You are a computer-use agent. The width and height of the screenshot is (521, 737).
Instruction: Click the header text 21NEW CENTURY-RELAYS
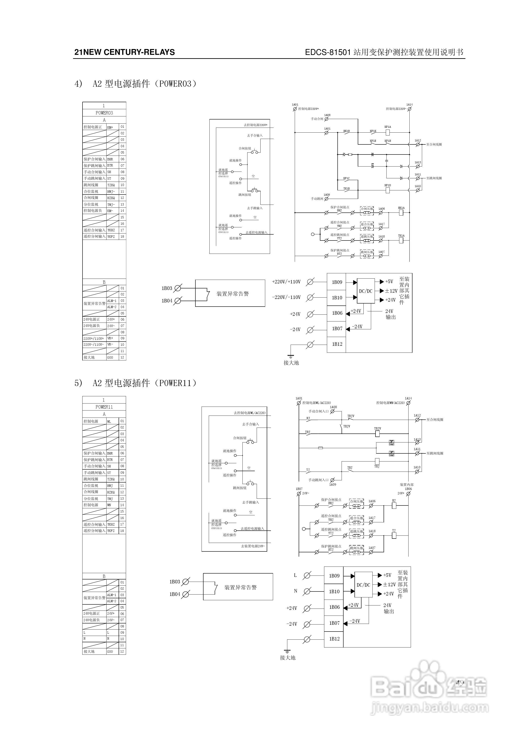click(x=125, y=52)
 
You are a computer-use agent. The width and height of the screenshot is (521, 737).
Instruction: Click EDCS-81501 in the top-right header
click(x=328, y=52)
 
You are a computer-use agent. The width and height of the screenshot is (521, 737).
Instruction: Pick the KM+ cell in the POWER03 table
click(x=111, y=127)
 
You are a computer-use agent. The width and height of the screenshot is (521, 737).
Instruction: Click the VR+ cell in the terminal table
click(x=111, y=338)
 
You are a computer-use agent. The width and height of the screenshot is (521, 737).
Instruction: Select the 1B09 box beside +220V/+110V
click(x=337, y=282)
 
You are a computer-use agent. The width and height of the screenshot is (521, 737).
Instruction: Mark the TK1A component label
click(x=401, y=236)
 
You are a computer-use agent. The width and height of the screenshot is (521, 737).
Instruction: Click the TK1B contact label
click(x=347, y=189)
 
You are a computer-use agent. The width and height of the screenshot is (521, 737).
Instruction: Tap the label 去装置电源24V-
click(x=253, y=546)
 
